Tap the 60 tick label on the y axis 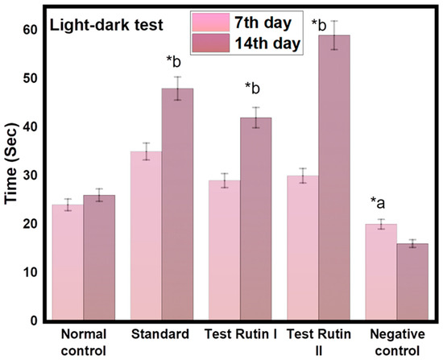(x=31, y=30)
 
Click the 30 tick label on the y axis (x=31, y=176)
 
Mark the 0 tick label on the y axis (x=35, y=321)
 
